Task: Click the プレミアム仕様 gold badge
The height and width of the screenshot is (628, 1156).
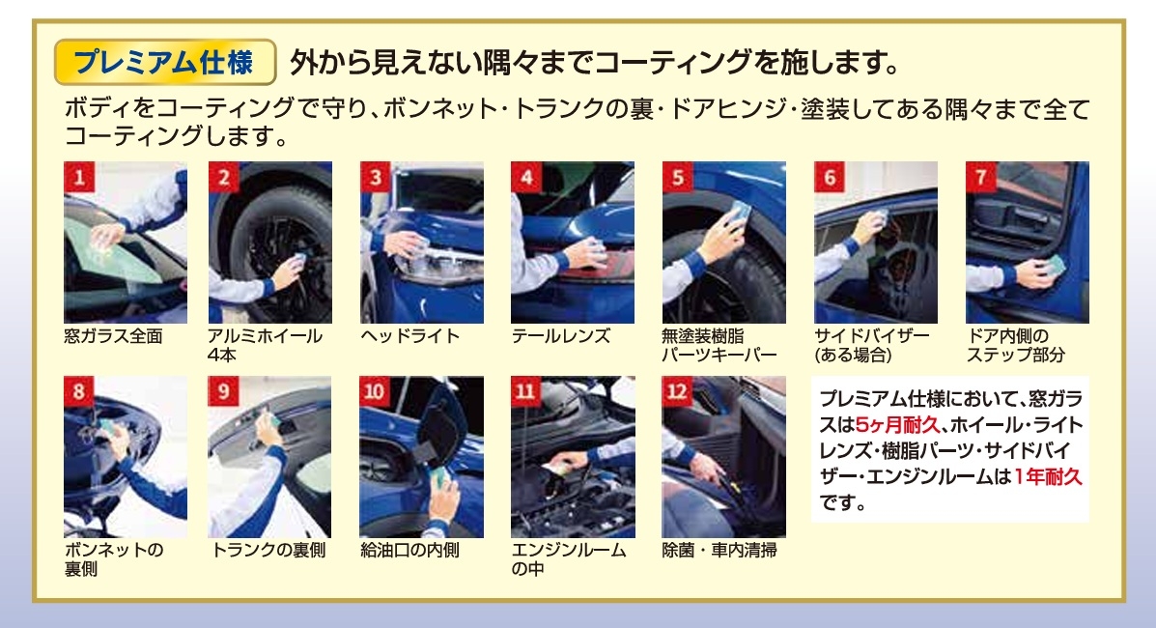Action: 165,62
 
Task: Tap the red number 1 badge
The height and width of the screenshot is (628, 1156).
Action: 79,177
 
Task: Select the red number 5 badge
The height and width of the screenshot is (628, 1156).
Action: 678,177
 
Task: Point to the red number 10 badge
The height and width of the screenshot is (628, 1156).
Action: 375,391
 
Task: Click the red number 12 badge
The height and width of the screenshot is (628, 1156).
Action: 678,391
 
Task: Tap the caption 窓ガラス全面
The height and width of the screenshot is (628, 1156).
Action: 114,336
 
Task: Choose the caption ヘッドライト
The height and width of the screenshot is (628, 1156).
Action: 409,336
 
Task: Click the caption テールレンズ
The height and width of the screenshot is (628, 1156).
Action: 561,336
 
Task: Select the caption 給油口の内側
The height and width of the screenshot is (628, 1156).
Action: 409,551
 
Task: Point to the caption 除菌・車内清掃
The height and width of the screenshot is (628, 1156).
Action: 719,551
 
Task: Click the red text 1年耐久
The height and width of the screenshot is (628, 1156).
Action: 1048,476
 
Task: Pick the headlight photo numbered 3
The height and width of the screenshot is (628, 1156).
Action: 422,243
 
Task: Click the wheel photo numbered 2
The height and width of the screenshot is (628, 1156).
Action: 269,243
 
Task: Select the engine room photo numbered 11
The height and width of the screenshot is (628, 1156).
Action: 573,457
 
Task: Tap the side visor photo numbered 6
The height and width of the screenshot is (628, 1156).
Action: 876,243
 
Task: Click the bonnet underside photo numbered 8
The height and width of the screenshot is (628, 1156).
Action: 126,457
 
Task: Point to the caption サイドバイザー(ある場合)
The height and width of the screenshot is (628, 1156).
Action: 872,345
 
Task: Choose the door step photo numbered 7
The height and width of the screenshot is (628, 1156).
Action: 1027,243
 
